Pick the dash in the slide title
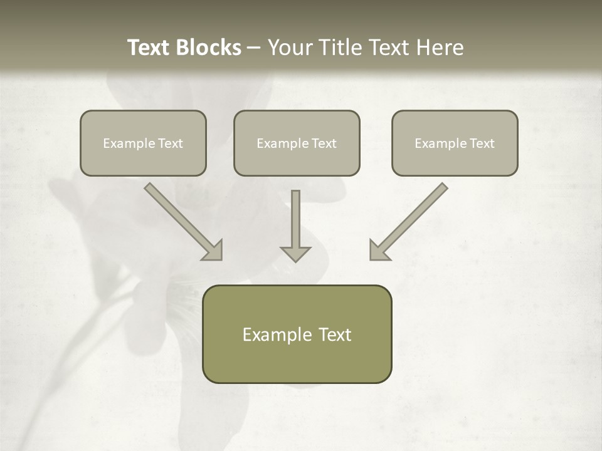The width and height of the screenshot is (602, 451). tap(254, 48)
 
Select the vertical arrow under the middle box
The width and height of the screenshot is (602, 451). tap(295, 219)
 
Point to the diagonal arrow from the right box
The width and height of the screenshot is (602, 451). tap(411, 219)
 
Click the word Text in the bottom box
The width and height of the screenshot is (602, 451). tap(335, 334)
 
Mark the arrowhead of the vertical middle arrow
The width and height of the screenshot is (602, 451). tap(295, 254)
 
